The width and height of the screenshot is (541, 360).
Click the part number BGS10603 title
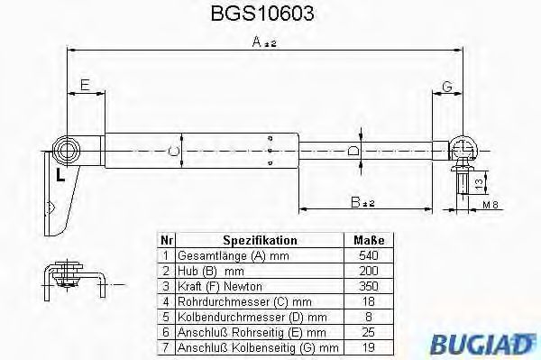pyautogui.click(x=270, y=15)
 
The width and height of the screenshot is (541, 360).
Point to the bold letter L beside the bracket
pyautogui.click(x=60, y=175)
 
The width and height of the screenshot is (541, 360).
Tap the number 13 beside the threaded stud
pyautogui.click(x=479, y=184)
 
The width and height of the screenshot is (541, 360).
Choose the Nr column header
pyautogui.click(x=165, y=240)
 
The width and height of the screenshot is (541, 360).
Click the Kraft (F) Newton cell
pyautogui.click(x=215, y=284)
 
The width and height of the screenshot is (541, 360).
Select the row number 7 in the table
pyautogui.click(x=165, y=346)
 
